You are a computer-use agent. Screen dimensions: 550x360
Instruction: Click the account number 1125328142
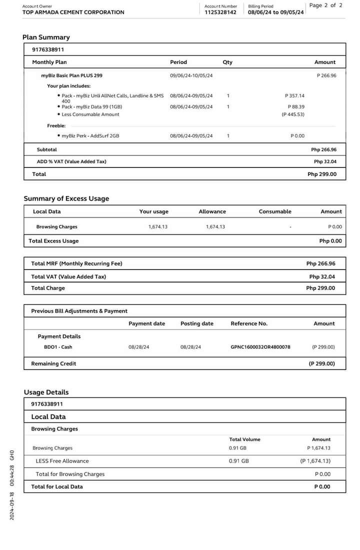click(220, 12)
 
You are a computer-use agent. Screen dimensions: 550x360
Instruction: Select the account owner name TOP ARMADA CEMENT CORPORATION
click(73, 12)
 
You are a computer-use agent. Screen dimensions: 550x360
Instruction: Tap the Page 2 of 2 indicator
click(326, 5)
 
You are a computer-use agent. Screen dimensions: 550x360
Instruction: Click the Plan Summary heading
click(46, 37)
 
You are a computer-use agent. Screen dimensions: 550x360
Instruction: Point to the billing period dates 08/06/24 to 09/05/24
click(275, 12)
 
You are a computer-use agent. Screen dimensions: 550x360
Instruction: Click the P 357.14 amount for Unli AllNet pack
click(294, 95)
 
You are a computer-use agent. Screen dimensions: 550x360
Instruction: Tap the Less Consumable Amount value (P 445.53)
click(293, 114)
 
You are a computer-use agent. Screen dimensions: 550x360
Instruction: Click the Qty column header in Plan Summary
click(227, 62)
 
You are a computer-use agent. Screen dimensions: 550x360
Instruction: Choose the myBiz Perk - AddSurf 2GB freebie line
click(90, 136)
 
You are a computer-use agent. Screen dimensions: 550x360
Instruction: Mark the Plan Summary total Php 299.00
click(322, 174)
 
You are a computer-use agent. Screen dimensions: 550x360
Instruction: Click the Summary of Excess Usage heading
click(66, 198)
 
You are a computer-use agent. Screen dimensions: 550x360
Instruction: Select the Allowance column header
click(212, 212)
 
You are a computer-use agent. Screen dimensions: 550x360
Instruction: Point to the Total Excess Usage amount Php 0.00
click(330, 241)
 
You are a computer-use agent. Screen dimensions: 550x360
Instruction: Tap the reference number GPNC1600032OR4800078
click(260, 347)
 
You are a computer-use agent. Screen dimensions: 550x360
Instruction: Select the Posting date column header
click(196, 324)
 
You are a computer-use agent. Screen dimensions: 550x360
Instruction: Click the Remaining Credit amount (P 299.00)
click(321, 364)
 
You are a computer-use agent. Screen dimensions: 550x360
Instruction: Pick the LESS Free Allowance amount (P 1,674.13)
click(315, 461)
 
